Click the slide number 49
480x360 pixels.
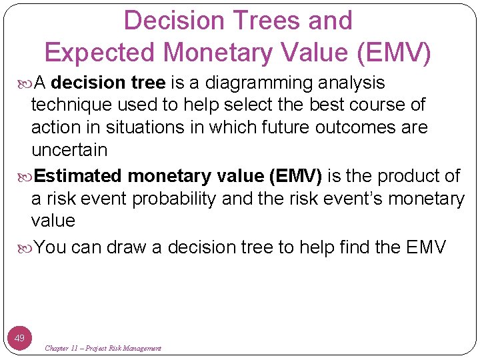20,338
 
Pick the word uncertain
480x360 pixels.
69,149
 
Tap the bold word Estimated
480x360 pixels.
78,176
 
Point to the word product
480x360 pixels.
407,176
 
